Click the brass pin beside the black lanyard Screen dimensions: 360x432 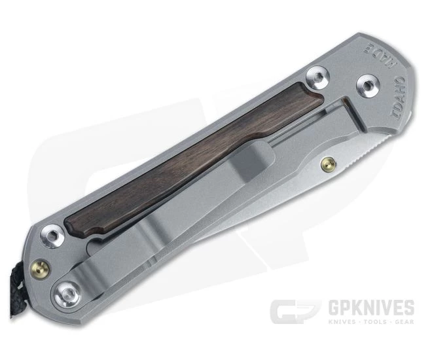tap(39, 267)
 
